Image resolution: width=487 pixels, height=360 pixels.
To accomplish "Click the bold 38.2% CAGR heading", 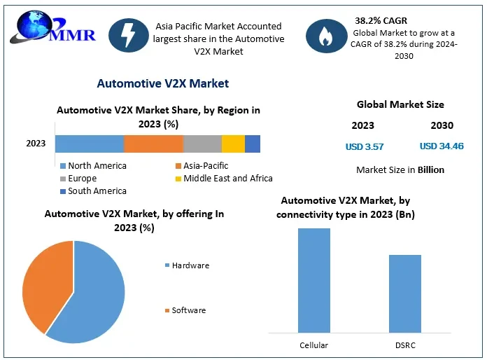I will [x=382, y=20].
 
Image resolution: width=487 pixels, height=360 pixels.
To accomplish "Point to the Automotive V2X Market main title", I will [x=162, y=83].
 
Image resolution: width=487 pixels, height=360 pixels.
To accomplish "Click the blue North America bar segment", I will [x=90, y=144].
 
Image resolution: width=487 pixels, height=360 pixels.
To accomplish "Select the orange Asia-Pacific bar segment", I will [x=153, y=144].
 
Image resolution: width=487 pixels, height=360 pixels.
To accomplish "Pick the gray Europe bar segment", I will [x=202, y=144].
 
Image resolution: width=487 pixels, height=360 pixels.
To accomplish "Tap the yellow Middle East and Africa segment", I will [x=233, y=144].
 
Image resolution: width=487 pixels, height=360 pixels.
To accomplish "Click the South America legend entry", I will [x=93, y=191].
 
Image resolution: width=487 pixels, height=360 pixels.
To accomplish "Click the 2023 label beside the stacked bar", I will [x=36, y=144].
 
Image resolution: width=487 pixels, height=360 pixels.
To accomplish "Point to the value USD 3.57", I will [x=365, y=147].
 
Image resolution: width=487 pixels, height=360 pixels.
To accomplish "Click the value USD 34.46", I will [x=442, y=147].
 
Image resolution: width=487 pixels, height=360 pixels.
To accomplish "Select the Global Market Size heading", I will [x=400, y=104].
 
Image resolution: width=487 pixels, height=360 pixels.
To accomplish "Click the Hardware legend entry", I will [x=187, y=265].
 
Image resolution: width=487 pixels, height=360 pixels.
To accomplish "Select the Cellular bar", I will [x=314, y=280].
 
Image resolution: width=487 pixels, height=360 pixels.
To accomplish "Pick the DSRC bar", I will [x=405, y=293].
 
